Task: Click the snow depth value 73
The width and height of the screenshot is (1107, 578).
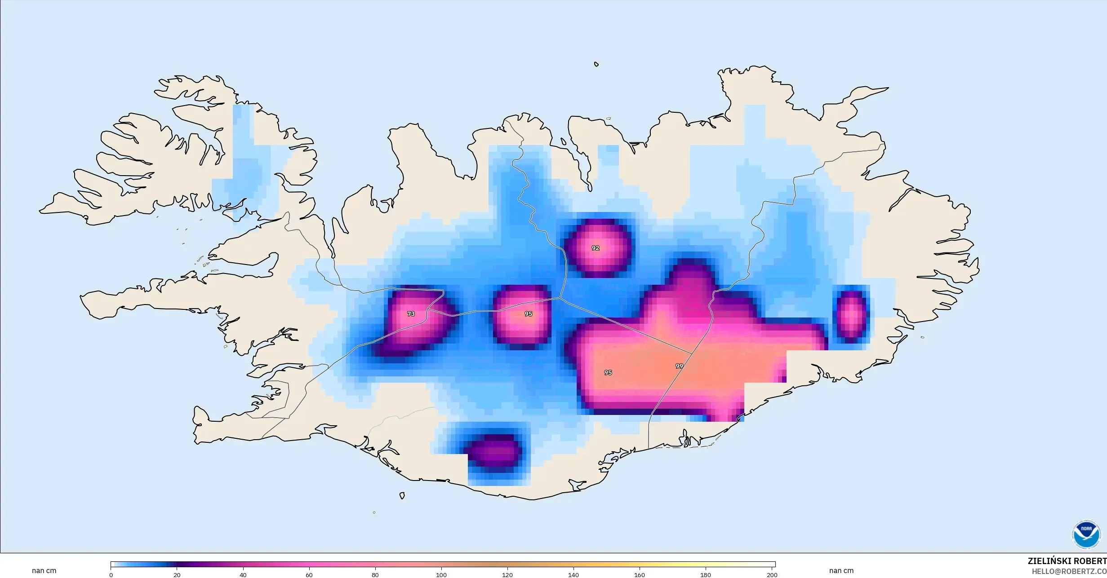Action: click(x=411, y=314)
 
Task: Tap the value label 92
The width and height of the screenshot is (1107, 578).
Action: click(x=596, y=248)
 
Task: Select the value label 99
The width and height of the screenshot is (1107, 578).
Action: click(x=679, y=366)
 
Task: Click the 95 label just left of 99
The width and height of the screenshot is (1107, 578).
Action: click(x=608, y=372)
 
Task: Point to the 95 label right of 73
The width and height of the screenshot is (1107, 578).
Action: click(x=528, y=314)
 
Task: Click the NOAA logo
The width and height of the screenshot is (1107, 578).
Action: click(x=1086, y=535)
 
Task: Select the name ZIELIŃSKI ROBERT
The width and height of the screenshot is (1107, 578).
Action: click(x=1067, y=561)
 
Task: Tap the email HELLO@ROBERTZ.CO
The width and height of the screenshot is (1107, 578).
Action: click(x=1069, y=571)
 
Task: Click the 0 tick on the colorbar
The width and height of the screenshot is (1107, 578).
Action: click(x=111, y=574)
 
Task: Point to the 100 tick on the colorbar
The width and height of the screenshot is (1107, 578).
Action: click(x=441, y=574)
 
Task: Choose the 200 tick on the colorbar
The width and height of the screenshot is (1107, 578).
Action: click(x=772, y=574)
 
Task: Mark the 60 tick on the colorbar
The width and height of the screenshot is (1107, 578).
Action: click(x=309, y=574)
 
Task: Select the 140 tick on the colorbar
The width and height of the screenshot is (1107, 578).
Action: click(x=574, y=574)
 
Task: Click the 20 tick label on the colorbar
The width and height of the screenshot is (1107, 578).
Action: click(x=177, y=574)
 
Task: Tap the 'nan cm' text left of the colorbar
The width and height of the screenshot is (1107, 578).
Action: click(x=44, y=571)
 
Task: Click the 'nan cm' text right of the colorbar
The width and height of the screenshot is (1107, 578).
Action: click(x=841, y=571)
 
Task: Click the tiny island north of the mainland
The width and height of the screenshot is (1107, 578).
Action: click(x=596, y=64)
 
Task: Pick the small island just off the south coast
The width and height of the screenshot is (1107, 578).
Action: click(x=402, y=496)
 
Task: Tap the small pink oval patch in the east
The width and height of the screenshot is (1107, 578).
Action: click(x=851, y=314)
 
